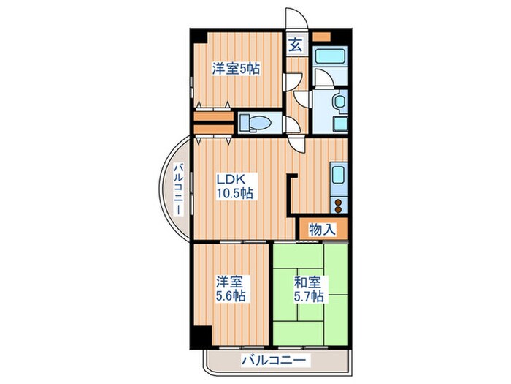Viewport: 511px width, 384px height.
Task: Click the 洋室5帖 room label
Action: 236,69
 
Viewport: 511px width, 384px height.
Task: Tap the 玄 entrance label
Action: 296,45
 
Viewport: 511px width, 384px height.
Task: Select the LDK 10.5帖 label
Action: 234,187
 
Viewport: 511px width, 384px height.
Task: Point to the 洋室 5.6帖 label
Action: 231,289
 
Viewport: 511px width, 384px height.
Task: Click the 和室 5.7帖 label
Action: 309,289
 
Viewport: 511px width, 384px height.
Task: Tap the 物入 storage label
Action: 322,229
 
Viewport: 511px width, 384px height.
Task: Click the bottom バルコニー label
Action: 274,361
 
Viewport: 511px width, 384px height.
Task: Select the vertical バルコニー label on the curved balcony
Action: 177,189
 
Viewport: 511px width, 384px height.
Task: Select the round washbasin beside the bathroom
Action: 340,101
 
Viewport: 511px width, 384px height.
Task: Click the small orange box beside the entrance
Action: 321,36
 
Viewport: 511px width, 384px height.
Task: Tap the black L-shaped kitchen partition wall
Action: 289,195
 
